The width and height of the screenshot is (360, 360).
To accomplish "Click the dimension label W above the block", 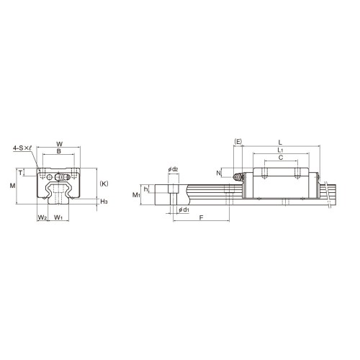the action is [x=60, y=144].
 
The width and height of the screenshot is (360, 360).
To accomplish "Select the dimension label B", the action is [x=58, y=151].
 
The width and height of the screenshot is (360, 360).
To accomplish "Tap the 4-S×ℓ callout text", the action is [x=22, y=148].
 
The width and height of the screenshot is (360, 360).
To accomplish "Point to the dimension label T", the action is [x=20, y=173].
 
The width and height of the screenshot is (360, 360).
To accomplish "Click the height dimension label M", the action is [x=12, y=186].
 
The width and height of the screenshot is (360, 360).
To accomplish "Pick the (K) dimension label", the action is [x=104, y=184].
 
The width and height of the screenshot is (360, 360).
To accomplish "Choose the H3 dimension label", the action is [x=104, y=202].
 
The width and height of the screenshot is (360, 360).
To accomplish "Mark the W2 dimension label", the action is [x=42, y=217].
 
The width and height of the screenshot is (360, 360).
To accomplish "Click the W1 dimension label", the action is [x=58, y=217].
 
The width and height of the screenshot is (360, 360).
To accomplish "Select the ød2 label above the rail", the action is [x=173, y=169].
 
